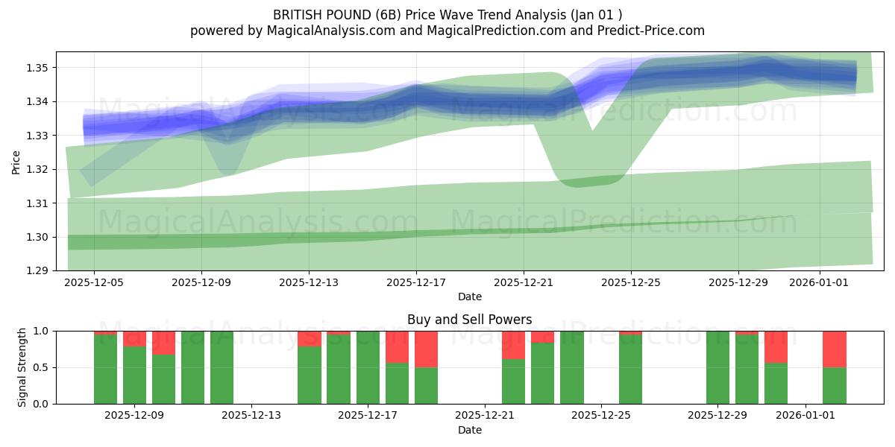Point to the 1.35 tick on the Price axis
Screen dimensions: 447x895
pyautogui.click(x=38, y=68)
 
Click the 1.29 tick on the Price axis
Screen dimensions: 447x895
pyautogui.click(x=38, y=270)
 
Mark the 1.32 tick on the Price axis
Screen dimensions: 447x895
pyautogui.click(x=38, y=169)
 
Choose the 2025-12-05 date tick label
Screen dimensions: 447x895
pyautogui.click(x=94, y=282)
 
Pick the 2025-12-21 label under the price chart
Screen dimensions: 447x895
pyautogui.click(x=524, y=282)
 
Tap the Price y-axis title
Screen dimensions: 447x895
pyautogui.click(x=16, y=161)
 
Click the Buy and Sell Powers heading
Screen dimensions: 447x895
pyautogui.click(x=469, y=320)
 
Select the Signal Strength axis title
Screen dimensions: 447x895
pyautogui.click(x=22, y=367)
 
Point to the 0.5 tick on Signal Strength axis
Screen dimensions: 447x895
pyautogui.click(x=41, y=367)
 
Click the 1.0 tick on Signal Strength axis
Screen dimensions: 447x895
pyautogui.click(x=41, y=331)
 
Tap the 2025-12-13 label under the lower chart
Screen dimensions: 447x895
pyautogui.click(x=251, y=416)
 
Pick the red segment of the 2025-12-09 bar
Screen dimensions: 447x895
pyautogui.click(x=134, y=338)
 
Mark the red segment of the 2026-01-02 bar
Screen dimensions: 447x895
pyautogui.click(x=835, y=349)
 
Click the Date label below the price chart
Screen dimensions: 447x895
pyautogui.click(x=469, y=297)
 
